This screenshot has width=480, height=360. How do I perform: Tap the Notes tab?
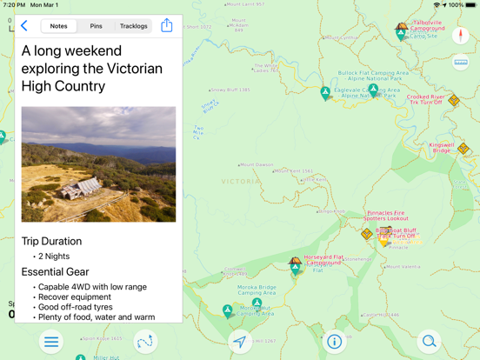coord(58,26)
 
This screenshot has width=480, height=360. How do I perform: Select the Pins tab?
coord(96,26)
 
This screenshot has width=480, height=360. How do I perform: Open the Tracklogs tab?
coord(133,26)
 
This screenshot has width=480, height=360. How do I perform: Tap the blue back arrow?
coord(24,26)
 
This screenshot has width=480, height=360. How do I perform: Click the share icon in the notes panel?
coord(167,26)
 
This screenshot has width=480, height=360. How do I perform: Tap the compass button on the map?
coord(461,36)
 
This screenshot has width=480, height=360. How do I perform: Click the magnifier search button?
coord(429,342)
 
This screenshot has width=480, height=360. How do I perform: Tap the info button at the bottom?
coord(334,342)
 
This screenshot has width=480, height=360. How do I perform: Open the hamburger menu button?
coord(51,342)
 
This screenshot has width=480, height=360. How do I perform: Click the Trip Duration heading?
coord(51,241)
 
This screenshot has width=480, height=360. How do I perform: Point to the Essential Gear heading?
coord(56,272)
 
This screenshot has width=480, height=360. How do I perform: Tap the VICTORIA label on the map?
coord(240,182)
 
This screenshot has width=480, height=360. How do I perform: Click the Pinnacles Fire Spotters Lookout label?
coord(386,215)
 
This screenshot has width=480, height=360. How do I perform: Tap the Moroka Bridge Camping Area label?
coord(257,290)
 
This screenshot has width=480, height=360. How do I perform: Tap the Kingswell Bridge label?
coord(442,148)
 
